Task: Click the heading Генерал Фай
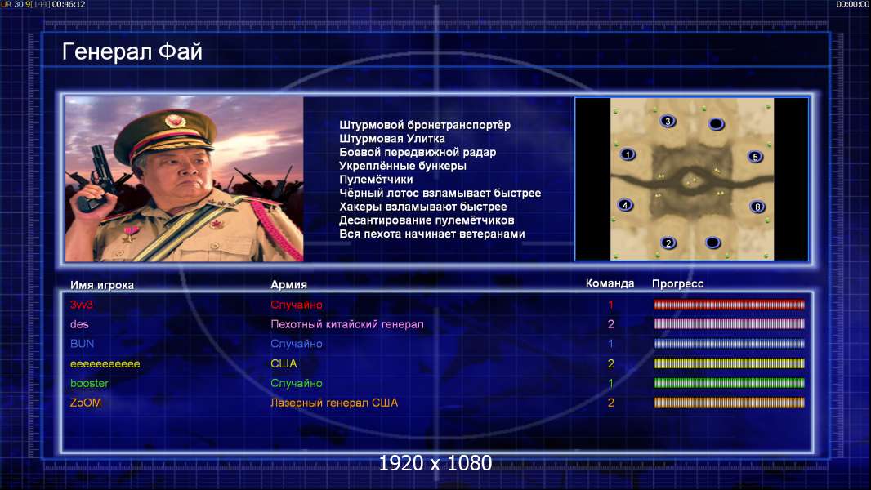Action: pos(132,51)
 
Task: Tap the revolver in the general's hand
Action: pos(96,177)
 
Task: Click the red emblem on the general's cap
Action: pos(174,121)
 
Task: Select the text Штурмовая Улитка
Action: pos(392,139)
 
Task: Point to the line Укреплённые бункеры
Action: pos(403,166)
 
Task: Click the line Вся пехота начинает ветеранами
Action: pos(432,234)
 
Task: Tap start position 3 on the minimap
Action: pos(668,121)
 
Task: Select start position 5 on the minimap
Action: pos(755,157)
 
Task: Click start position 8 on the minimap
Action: pos(757,207)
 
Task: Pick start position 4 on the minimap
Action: pos(626,205)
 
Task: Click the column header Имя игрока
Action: pos(101,285)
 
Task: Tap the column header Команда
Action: pos(610,283)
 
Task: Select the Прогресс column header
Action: pos(677,284)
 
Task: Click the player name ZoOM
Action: pos(86,403)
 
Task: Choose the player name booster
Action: pos(89,384)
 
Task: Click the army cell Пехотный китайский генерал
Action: pos(347,324)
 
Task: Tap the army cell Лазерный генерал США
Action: pos(334,403)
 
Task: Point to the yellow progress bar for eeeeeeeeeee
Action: pos(729,363)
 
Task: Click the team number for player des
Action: pos(611,324)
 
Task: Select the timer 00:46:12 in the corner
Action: pos(69,4)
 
